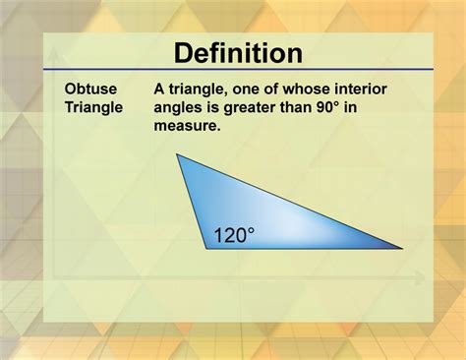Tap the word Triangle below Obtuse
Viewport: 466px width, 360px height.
pos(94,107)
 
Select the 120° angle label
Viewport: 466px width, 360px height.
pos(234,235)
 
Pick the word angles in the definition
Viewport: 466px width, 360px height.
pos(180,107)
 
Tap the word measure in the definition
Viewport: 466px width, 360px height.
pos(188,126)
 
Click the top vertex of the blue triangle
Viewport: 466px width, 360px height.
pos(177,154)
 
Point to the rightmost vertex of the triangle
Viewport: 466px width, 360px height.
pos(402,248)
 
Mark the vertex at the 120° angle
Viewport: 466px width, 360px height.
pos(206,248)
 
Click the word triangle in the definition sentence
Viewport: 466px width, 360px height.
pos(200,89)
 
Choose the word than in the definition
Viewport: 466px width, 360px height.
pos(313,107)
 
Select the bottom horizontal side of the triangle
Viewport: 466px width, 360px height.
pos(305,248)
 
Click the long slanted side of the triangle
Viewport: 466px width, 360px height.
pos(290,202)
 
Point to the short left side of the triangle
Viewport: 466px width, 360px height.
pos(192,202)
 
